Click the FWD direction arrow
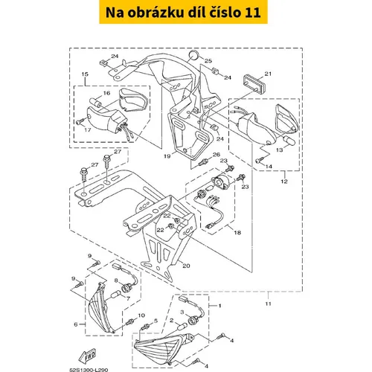click(87, 356)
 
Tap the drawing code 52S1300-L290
click(89, 370)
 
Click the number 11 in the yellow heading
click(252, 13)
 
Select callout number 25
click(208, 61)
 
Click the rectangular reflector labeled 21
click(253, 83)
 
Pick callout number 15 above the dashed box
click(85, 74)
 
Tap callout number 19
click(167, 156)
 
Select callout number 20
click(186, 266)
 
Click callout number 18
click(237, 233)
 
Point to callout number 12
click(284, 182)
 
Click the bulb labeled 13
click(289, 140)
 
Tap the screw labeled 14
click(258, 161)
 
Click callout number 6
click(76, 324)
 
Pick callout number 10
click(141, 315)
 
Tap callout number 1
click(219, 306)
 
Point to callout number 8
click(116, 280)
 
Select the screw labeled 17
click(79, 122)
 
